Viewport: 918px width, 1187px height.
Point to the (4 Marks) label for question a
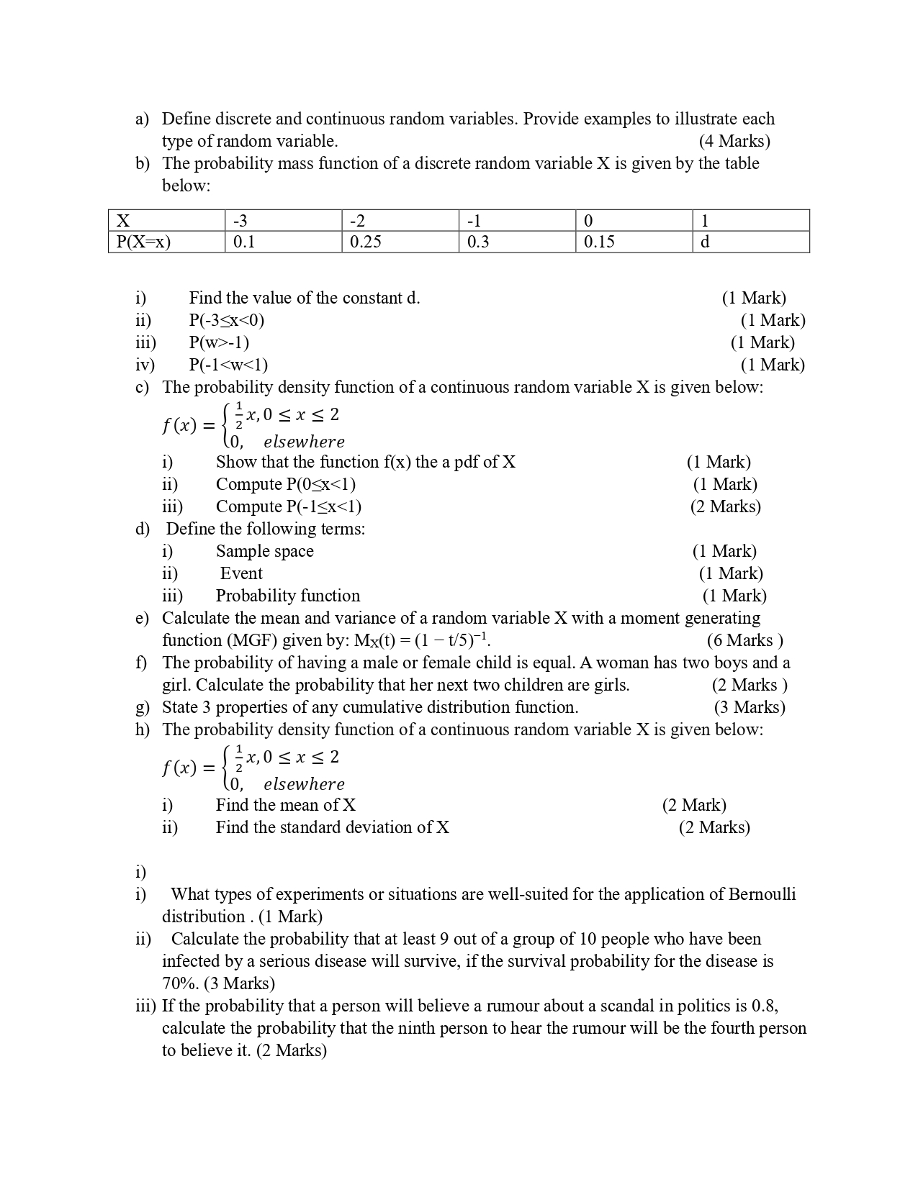point(734,141)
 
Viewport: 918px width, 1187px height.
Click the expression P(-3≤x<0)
point(227,320)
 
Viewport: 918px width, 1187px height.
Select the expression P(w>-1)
point(219,342)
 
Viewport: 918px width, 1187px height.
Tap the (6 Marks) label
point(744,640)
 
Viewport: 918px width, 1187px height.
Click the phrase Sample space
point(264,551)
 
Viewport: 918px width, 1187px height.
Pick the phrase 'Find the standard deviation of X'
point(332,827)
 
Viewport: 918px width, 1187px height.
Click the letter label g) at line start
point(142,708)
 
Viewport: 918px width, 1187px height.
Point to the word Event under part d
point(241,573)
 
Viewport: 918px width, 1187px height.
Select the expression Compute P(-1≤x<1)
point(288,506)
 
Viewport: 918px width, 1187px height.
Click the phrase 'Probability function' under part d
point(287,596)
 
